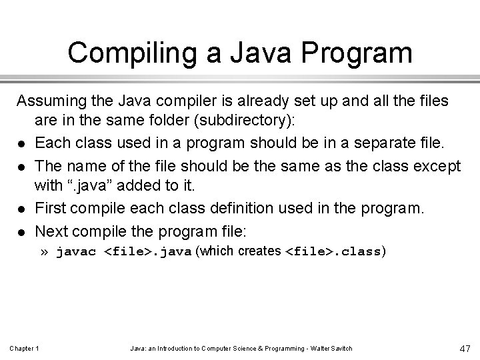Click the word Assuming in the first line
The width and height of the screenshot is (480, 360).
click(52, 102)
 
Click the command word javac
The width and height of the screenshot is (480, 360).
click(78, 252)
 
